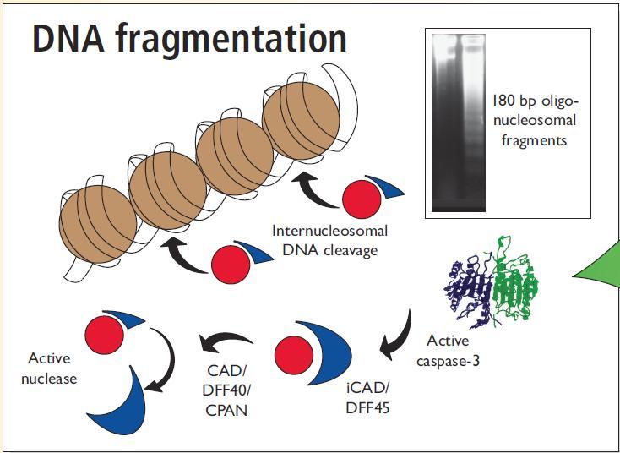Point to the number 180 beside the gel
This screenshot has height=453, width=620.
pos(504,101)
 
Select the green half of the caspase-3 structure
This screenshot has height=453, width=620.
pos(515,287)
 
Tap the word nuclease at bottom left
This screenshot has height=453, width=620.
pos(52,379)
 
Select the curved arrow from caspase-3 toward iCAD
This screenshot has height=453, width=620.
pos(395,334)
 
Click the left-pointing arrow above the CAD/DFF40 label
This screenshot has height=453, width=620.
pos(226,342)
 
